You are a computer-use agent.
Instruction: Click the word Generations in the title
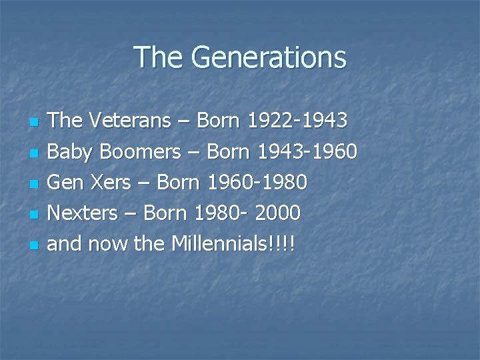click(269, 57)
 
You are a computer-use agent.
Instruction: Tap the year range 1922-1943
click(297, 121)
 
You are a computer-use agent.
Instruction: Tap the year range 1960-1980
click(257, 183)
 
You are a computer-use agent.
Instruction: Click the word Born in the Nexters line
click(165, 213)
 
